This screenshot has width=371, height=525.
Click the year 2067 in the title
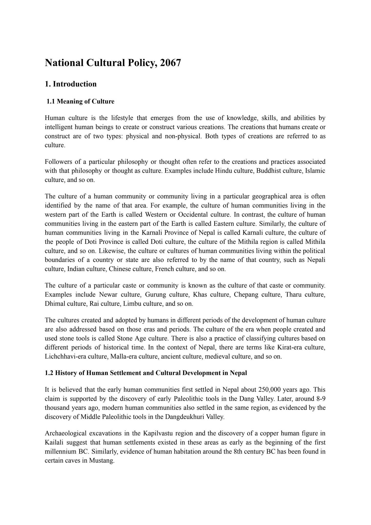[x=170, y=63]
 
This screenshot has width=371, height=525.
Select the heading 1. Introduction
[x=71, y=84]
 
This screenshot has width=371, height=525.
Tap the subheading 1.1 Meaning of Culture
[x=80, y=102]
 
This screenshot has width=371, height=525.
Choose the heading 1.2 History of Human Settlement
[x=146, y=373]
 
